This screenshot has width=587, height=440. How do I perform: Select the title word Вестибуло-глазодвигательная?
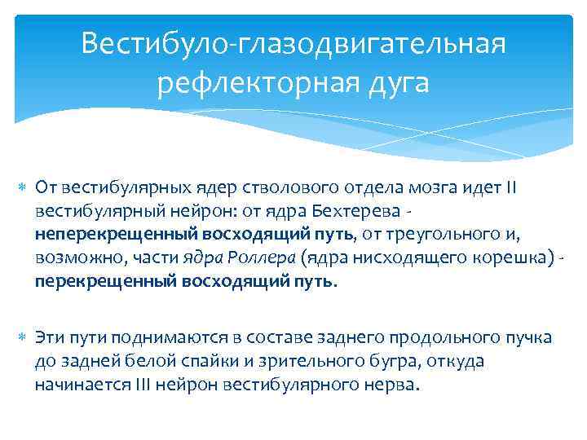293,42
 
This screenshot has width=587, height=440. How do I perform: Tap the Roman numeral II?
532,188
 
